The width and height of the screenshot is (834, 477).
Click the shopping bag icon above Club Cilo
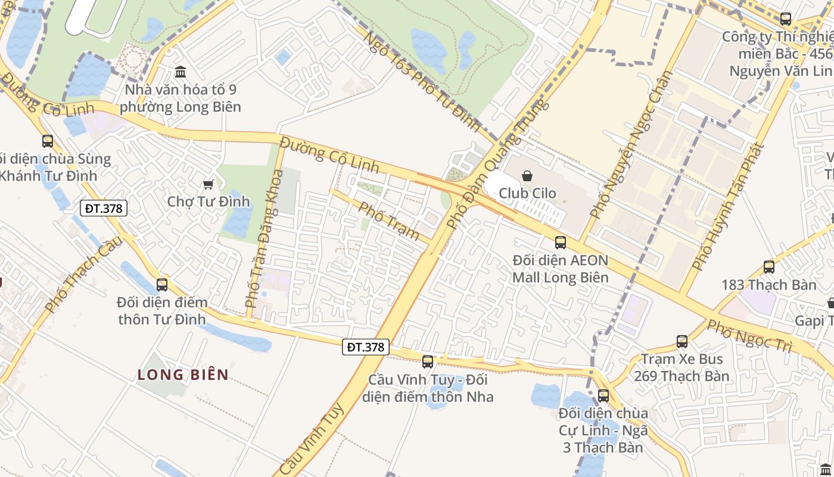(x=527, y=176)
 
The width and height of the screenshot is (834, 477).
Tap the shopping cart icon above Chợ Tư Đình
(x=208, y=184)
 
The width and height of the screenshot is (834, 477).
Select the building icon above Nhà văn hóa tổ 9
(x=181, y=73)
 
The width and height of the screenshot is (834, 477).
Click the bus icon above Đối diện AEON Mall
(x=561, y=242)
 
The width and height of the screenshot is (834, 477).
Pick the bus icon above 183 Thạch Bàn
(x=769, y=267)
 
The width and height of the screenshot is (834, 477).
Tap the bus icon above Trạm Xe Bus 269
(x=682, y=342)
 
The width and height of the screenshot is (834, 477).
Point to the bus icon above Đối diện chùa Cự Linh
(x=603, y=395)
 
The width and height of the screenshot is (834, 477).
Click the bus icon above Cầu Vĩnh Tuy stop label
(x=428, y=361)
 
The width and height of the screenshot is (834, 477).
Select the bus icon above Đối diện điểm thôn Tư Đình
(x=162, y=284)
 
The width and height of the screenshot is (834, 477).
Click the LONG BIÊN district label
(x=183, y=374)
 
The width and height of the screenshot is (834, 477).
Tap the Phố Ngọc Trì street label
(x=751, y=336)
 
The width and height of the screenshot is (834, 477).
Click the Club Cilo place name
(x=527, y=193)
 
